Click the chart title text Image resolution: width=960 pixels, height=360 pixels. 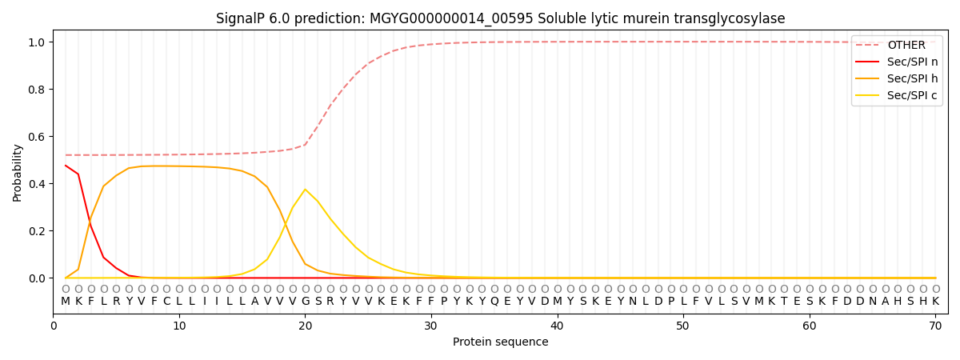[x=500, y=18]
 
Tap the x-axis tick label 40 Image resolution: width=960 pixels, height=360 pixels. [x=557, y=326]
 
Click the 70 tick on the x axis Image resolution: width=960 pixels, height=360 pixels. [x=935, y=326]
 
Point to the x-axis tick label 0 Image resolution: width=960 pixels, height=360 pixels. [x=54, y=326]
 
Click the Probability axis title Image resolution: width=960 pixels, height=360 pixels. [x=18, y=172]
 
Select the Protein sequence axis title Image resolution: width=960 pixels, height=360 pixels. [x=500, y=342]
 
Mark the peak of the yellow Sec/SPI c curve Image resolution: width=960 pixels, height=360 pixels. [x=305, y=190]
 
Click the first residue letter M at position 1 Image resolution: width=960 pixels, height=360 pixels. [x=66, y=302]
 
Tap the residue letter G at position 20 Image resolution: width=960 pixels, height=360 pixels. [x=305, y=302]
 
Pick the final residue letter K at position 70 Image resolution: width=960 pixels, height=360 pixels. [x=935, y=302]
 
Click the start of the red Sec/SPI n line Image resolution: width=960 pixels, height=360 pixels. [x=66, y=166]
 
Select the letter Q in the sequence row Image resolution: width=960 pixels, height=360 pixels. [x=494, y=302]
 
